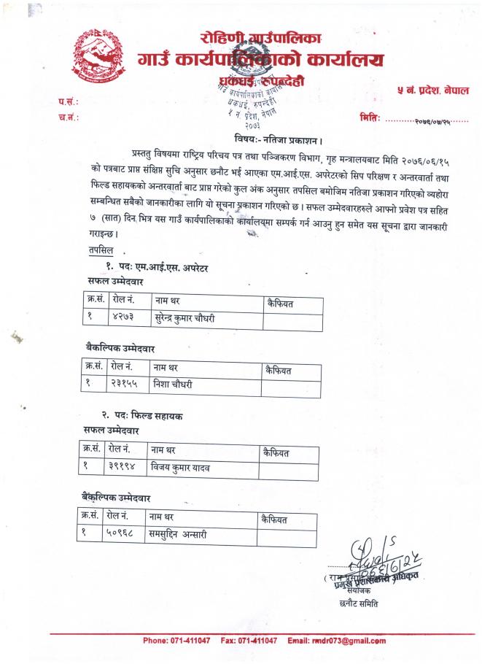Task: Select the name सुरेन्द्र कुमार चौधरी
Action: coord(185,318)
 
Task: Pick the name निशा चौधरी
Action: coord(172,384)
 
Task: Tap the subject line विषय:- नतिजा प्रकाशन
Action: coord(279,139)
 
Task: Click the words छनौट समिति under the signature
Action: coord(359,603)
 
